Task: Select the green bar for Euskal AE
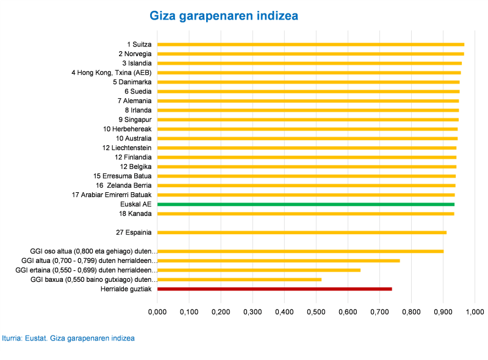coord(306,204)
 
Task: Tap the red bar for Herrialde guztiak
coord(274,289)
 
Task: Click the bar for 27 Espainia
coord(302,232)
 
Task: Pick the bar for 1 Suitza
coord(310,45)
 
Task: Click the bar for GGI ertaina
coord(259,270)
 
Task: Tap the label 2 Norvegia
coord(135,54)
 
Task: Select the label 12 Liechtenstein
coord(127,148)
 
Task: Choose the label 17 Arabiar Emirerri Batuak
coord(112,195)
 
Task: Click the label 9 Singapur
coord(135,120)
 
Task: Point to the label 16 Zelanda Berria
coord(123,185)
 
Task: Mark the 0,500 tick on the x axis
coord(316,312)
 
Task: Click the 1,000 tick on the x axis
coord(475,312)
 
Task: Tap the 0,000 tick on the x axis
coord(157,312)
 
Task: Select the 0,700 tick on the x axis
coord(379,312)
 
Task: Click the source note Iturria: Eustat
coord(68,338)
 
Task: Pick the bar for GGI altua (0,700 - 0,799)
coord(278,261)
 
